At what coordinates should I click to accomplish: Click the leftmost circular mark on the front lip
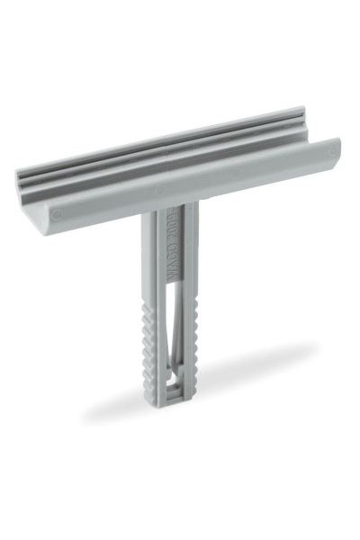[x=56, y=214]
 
